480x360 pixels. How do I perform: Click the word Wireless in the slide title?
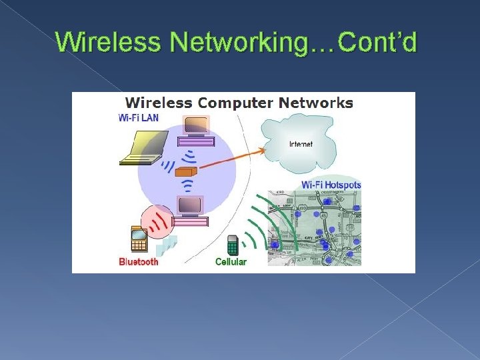(109, 42)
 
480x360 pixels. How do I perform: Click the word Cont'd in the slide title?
(377, 42)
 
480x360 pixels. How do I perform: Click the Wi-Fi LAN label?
(139, 118)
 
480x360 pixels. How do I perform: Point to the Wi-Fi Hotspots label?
(331, 185)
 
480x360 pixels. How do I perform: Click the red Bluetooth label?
(139, 261)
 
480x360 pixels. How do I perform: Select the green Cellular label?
(231, 262)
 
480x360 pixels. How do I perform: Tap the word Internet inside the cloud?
(301, 144)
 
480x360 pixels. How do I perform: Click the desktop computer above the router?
(195, 131)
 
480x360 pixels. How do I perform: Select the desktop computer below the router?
(191, 211)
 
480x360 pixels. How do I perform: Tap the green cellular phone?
(232, 245)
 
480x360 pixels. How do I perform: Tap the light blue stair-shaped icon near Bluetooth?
(169, 245)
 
